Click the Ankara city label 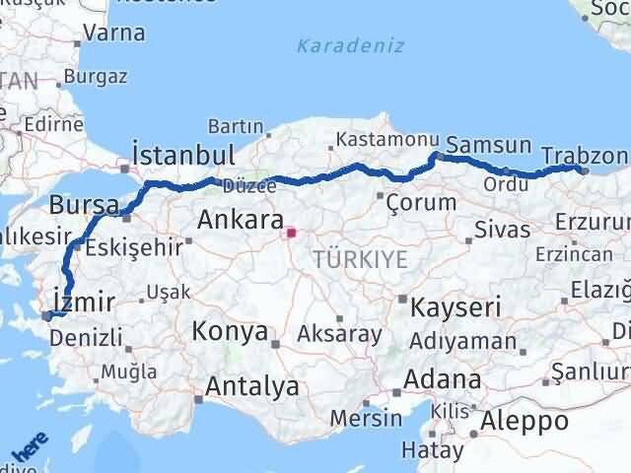tap(241, 219)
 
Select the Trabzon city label tap(585, 156)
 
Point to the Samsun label tap(489, 145)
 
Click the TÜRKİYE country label tap(360, 259)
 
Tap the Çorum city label tap(422, 202)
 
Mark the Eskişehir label tap(124, 247)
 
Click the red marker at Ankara tap(290, 235)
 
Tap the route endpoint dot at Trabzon tap(585, 169)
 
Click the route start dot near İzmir tap(45, 316)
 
